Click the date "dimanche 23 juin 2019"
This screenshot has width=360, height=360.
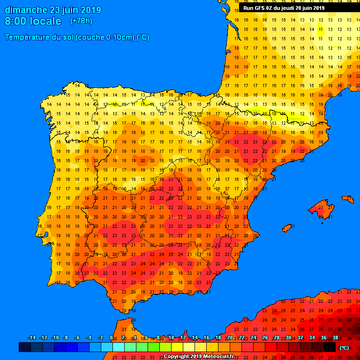tap(52, 10)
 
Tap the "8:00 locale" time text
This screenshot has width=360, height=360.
tap(33, 21)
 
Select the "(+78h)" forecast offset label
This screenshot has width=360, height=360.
tap(81, 21)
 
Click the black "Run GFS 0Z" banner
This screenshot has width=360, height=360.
tap(284, 8)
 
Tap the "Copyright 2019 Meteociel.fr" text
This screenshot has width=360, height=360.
tap(199, 356)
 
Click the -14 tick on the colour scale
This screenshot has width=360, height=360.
tap(31, 337)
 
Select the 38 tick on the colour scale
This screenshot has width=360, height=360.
tap(335, 337)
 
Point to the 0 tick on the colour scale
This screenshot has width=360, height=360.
tap(112, 337)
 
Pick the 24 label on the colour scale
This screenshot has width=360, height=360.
tap(253, 337)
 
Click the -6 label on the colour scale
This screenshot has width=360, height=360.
tap(77, 337)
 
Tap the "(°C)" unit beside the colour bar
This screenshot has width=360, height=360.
tap(344, 348)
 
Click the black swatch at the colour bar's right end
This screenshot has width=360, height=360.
tap(330, 347)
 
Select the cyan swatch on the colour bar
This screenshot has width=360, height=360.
tap(118, 347)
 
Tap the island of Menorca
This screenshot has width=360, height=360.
tap(348, 199)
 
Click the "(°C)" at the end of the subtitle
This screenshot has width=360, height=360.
tap(143, 37)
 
